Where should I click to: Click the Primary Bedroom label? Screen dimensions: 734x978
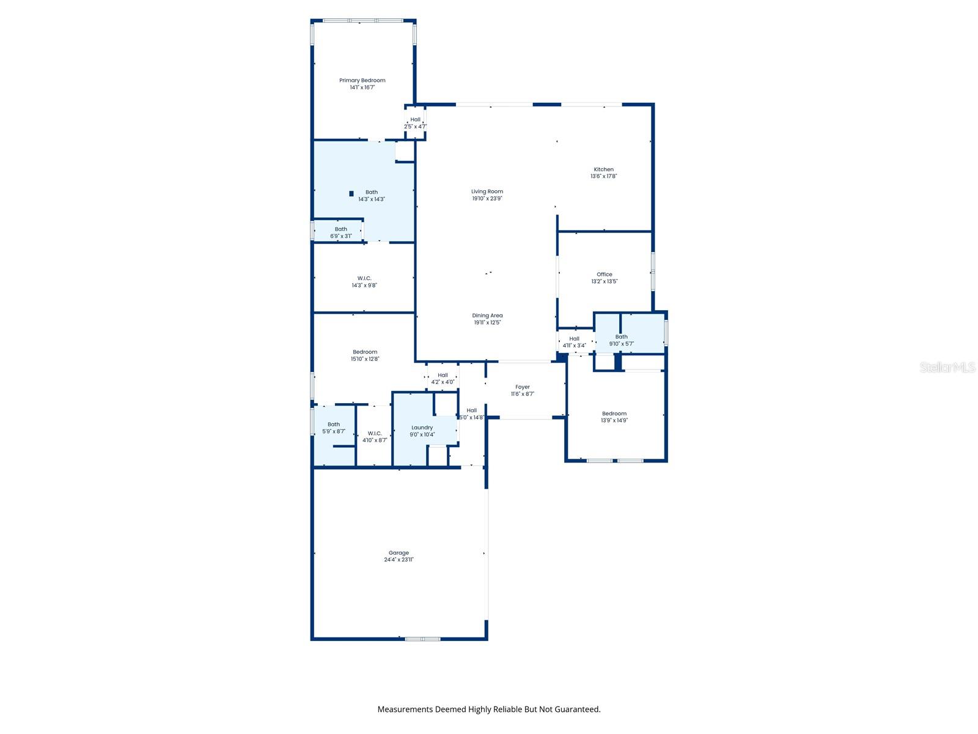(362, 80)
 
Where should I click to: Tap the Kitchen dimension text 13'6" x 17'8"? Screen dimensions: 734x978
(603, 176)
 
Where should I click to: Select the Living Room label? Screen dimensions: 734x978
(487, 191)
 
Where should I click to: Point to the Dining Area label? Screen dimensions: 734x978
(487, 316)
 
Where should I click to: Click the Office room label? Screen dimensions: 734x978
(605, 275)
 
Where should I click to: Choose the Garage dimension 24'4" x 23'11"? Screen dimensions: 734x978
(399, 560)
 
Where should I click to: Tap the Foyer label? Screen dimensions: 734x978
(523, 387)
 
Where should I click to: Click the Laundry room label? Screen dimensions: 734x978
(422, 428)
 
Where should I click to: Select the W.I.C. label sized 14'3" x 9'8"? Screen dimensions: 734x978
(364, 278)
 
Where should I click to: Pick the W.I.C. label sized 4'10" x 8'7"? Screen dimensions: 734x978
(375, 433)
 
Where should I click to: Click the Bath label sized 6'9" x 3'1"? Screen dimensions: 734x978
(341, 229)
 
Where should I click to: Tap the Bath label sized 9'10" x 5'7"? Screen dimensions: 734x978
(622, 336)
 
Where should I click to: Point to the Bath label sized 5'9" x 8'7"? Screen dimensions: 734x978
(334, 424)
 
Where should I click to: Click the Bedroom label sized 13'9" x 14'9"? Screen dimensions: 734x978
(614, 413)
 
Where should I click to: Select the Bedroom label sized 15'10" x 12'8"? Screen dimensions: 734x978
(365, 352)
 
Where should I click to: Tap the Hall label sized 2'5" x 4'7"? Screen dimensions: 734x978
(416, 120)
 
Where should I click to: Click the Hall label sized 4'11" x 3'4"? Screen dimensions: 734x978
(574, 338)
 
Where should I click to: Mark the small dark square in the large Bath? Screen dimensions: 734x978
(351, 194)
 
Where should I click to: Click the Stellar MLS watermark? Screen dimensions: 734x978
(947, 368)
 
